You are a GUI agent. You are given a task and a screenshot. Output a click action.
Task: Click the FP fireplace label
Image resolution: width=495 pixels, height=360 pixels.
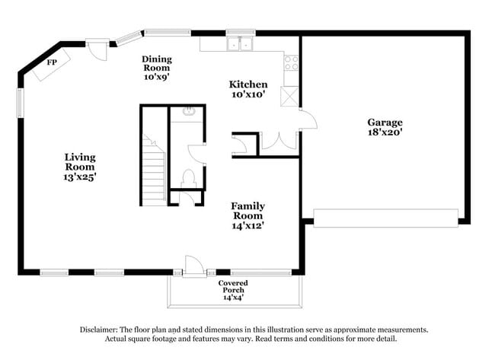click(52, 62)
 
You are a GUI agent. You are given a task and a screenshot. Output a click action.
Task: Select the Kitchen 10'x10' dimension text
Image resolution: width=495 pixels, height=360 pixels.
click(248, 94)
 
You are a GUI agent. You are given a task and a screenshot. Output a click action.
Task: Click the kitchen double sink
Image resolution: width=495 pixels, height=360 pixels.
click(239, 44)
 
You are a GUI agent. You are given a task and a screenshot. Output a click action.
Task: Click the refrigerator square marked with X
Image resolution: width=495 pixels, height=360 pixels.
click(290, 97)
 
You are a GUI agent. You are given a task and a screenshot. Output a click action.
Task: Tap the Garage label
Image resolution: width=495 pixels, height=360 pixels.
click(385, 122)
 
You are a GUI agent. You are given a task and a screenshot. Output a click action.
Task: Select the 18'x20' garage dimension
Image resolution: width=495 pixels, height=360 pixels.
click(385, 132)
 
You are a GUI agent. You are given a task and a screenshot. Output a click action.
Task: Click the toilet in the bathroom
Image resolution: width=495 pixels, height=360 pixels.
click(190, 177)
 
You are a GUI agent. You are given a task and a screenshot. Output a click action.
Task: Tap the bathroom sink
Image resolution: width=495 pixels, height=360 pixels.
click(187, 113)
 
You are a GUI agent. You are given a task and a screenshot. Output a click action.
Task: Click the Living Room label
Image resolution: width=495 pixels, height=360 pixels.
click(79, 161)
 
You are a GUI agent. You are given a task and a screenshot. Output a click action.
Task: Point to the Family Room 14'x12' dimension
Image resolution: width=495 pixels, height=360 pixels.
click(248, 225)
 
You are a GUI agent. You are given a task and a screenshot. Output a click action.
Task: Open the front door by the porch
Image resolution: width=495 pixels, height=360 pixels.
click(193, 266)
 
